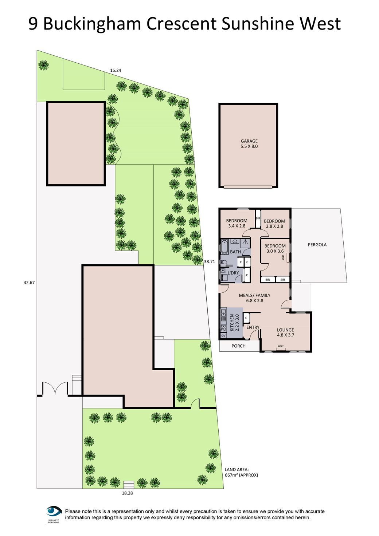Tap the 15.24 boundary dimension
tap(116, 70)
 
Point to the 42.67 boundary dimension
tap(29, 282)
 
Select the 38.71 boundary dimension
tap(210, 261)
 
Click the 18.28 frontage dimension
tap(127, 493)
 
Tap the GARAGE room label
tap(249, 141)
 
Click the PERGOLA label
tap(317, 245)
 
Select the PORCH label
tap(239, 346)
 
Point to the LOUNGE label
tap(285, 330)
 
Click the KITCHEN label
tap(232, 323)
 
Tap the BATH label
tap(235, 252)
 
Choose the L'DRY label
tap(233, 273)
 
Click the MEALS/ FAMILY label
tap(254, 295)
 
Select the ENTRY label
tap(253, 327)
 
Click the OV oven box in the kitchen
tap(223, 335)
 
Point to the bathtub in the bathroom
tap(224, 247)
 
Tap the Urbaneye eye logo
tap(54, 512)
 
